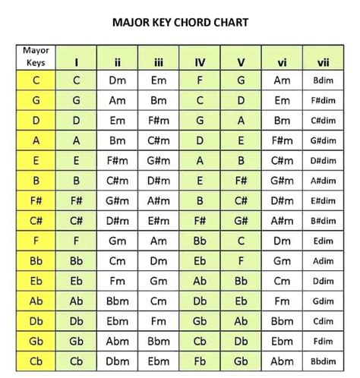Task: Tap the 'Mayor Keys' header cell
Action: coord(36,57)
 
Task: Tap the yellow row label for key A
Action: coord(36,140)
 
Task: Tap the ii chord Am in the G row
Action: coord(118,100)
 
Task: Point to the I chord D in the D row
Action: coord(77,120)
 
